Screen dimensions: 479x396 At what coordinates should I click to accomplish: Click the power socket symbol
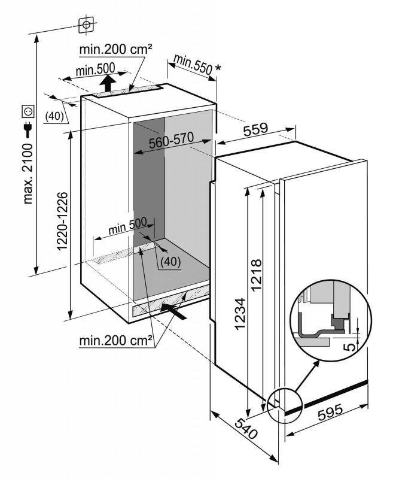pyautogui.click(x=28, y=111)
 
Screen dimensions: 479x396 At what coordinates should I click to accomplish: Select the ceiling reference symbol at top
pyautogui.click(x=86, y=25)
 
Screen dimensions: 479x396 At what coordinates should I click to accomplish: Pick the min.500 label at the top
pyautogui.click(x=95, y=70)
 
